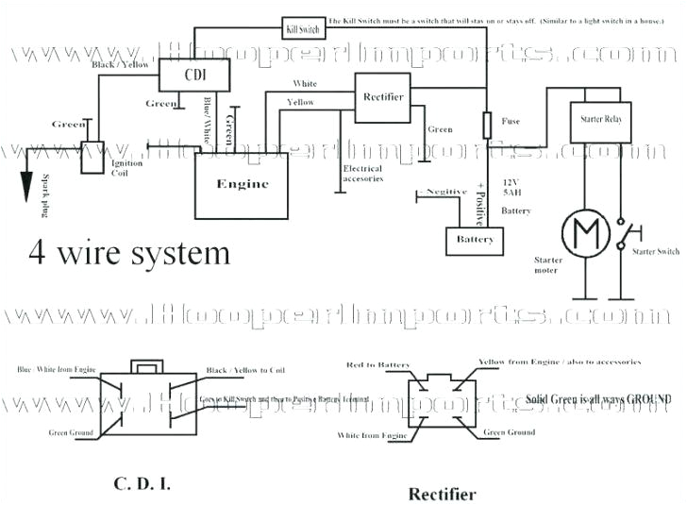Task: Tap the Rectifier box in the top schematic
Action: [383, 96]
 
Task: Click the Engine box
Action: [243, 184]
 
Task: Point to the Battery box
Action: [475, 240]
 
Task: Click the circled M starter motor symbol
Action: [580, 230]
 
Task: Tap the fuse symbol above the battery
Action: [487, 125]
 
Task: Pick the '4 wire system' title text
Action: [129, 253]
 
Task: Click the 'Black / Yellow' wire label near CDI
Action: [120, 64]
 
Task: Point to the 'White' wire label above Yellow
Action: [305, 83]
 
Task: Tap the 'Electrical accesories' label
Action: [362, 173]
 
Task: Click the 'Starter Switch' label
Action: [655, 252]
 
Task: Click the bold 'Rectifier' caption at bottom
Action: [442, 493]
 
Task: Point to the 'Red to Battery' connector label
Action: [377, 364]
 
